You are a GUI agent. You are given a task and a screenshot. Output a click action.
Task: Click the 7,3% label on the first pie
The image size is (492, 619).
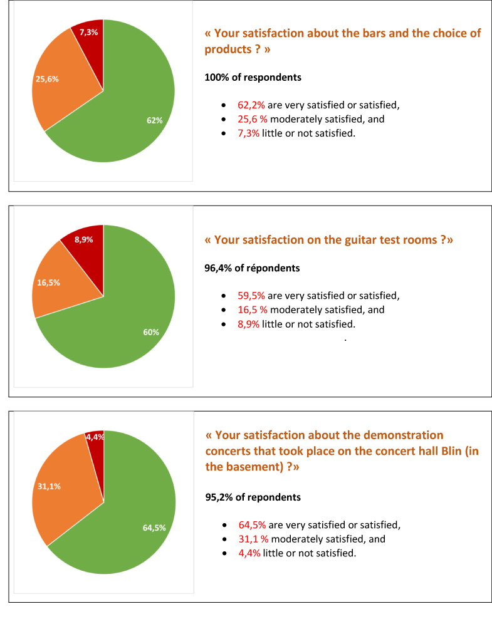(x=88, y=32)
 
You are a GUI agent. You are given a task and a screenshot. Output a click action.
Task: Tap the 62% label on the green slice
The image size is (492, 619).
(x=155, y=120)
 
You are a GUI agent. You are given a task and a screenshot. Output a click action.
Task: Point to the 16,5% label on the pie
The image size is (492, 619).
(x=49, y=283)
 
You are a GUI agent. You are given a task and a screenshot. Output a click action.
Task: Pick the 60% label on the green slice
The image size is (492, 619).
(x=151, y=332)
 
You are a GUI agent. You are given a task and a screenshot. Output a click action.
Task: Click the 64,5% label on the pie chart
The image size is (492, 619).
(x=154, y=528)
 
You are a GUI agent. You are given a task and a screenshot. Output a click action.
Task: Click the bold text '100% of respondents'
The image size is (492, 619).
(x=253, y=78)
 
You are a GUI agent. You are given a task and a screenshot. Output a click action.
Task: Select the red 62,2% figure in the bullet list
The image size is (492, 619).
(x=251, y=105)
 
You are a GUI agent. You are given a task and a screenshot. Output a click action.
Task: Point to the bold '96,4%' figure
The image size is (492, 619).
(x=219, y=268)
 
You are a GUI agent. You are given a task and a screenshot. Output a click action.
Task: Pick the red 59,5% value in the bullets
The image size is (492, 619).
(x=251, y=296)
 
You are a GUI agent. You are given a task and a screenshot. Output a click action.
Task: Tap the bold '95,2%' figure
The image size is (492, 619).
(x=220, y=497)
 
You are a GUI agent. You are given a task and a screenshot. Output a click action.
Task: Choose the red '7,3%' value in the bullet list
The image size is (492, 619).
(x=249, y=133)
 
